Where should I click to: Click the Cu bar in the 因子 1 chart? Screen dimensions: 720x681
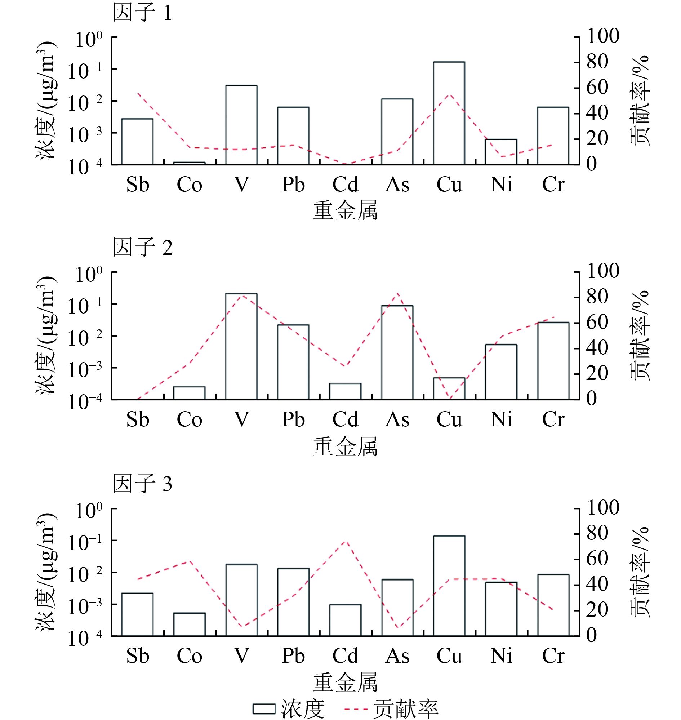(x=449, y=113)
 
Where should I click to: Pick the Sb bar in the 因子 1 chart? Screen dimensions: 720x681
(x=137, y=142)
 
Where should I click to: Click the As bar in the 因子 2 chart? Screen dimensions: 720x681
(x=397, y=352)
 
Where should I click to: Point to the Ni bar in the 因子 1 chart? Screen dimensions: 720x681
(x=501, y=152)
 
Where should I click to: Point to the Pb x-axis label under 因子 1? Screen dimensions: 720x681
(x=293, y=185)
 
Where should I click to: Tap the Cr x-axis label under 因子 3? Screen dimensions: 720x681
(x=553, y=656)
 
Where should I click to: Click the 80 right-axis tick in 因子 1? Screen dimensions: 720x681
(x=597, y=62)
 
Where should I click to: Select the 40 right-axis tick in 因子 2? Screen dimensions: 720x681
(x=597, y=348)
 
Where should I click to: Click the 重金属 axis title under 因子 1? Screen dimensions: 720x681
(x=345, y=210)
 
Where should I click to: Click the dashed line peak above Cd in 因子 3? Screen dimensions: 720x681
(x=345, y=541)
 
